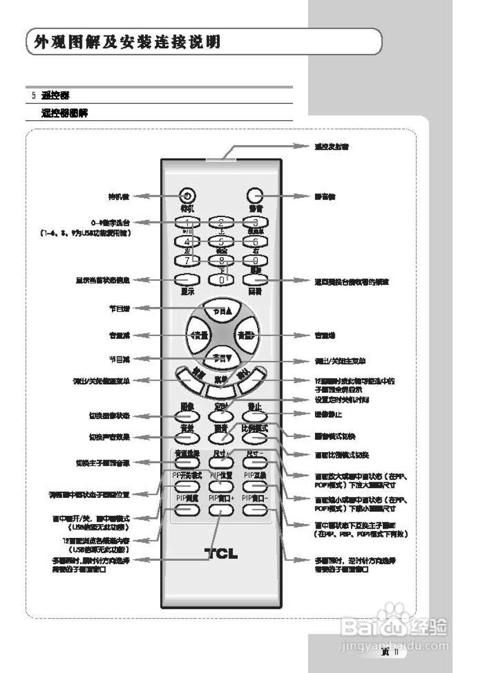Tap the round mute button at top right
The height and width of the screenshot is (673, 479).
[254, 196]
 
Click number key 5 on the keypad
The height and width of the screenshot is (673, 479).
[221, 242]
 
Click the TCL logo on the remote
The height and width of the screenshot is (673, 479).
[221, 554]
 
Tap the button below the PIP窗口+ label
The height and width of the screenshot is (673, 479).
[221, 508]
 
